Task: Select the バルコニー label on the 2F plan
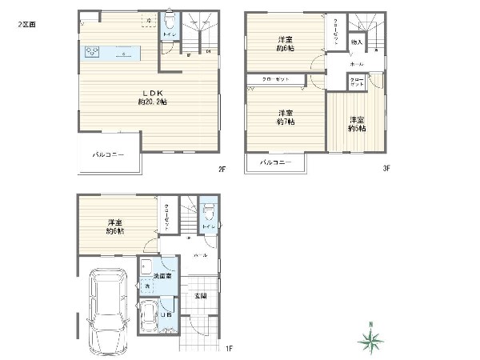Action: (x=108, y=154)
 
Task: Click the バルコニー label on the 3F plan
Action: (x=275, y=162)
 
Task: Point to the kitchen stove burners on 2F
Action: (x=91, y=53)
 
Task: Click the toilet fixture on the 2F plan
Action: (x=170, y=21)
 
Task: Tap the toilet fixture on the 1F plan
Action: (x=208, y=211)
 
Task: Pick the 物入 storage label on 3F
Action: (x=357, y=42)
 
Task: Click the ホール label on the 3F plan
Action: (x=356, y=62)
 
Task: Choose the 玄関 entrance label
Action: (x=202, y=296)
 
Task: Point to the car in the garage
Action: (x=108, y=308)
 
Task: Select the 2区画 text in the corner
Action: (x=26, y=25)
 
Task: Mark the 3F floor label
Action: (x=385, y=169)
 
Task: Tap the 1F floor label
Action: (x=228, y=348)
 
